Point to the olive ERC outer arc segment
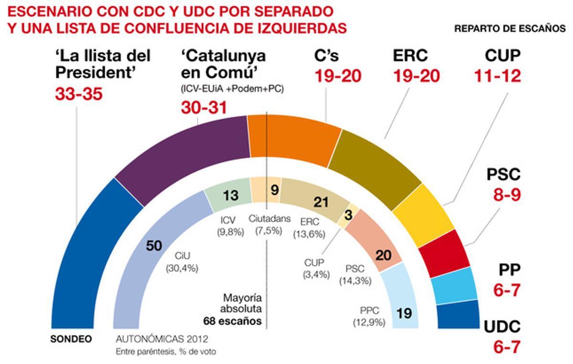372,167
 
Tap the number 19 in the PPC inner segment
404,313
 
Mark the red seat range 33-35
79,94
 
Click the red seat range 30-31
204,108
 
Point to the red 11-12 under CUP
497,75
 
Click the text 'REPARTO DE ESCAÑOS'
509,28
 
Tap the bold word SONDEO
71,340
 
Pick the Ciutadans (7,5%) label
269,224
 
